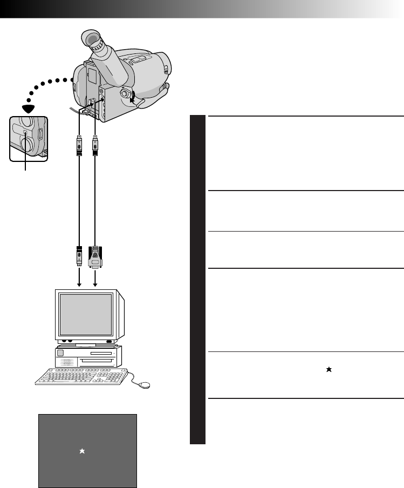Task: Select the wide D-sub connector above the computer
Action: click(95, 256)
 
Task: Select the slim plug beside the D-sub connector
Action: click(79, 256)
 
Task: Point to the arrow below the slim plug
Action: click(79, 281)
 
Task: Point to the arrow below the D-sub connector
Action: click(95, 281)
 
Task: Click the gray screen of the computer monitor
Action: click(87, 314)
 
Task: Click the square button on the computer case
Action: click(59, 353)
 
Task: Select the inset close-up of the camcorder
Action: click(28, 138)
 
